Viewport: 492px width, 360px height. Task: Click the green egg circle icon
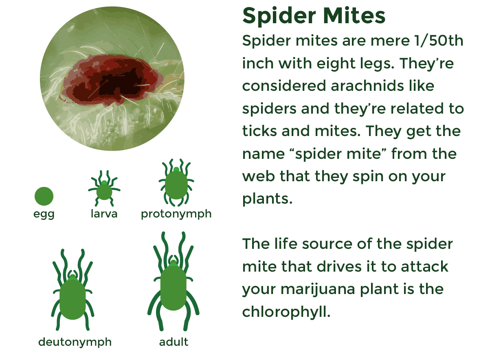[44, 196]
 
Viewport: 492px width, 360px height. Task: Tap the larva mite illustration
[104, 189]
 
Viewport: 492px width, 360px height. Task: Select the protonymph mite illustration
[176, 183]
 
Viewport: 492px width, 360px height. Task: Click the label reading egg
[44, 214]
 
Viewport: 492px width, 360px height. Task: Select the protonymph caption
[176, 214]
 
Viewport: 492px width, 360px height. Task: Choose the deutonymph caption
[75, 342]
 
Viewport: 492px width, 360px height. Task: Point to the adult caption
[174, 342]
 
